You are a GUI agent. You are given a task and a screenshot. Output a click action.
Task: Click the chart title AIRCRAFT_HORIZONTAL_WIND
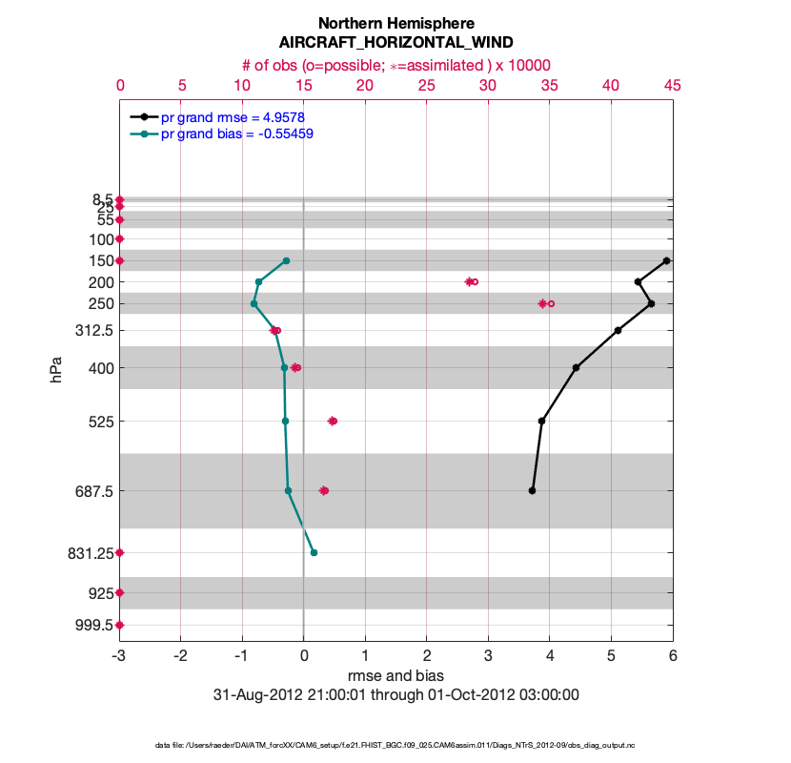coord(395,43)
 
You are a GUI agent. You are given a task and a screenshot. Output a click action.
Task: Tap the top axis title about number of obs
coord(395,65)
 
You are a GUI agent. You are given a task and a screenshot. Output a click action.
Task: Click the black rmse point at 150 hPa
coord(667,260)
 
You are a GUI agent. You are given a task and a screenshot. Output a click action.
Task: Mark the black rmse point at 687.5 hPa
coord(532,490)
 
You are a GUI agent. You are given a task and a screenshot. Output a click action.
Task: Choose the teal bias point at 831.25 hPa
coord(314,552)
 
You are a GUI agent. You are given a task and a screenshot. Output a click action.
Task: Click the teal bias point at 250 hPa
coord(254,303)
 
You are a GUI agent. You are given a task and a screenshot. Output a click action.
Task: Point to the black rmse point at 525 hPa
coord(541,421)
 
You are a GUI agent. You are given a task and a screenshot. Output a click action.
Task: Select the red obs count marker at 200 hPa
coord(471,281)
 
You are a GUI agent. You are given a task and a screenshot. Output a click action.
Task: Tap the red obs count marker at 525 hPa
coord(333,421)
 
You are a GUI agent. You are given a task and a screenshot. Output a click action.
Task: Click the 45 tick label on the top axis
coord(672,86)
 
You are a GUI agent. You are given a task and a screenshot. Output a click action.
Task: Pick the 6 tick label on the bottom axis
coord(672,656)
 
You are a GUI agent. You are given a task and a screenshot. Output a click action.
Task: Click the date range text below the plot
coord(395,695)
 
